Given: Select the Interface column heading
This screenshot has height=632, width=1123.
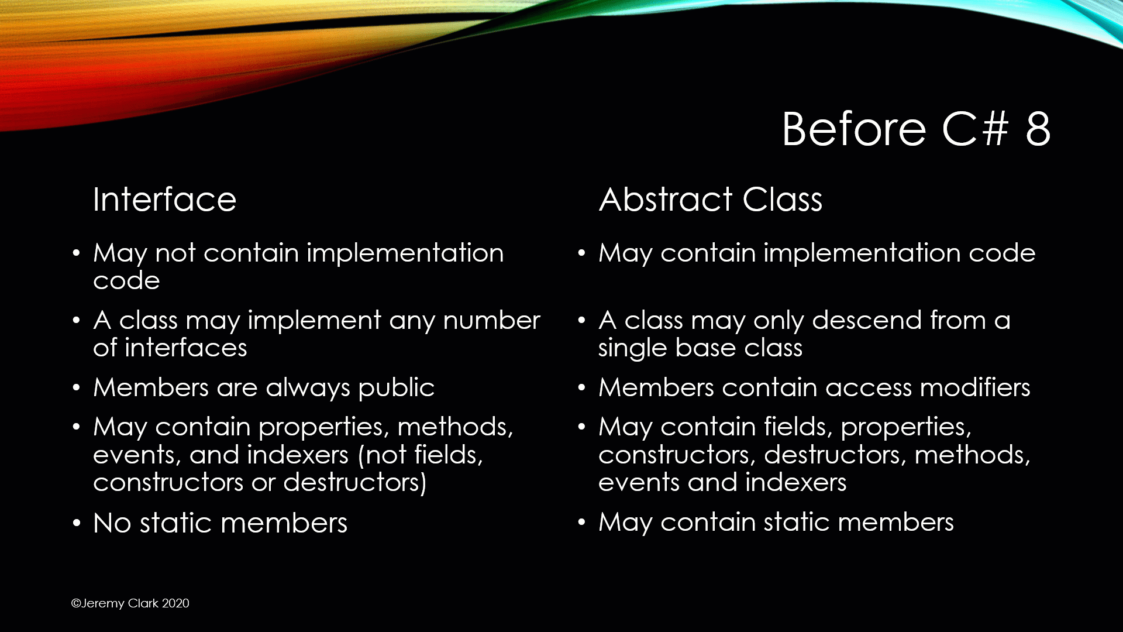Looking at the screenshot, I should [164, 200].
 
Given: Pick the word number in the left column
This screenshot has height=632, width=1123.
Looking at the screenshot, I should [491, 321].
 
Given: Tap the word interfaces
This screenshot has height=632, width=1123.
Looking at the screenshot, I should [185, 348].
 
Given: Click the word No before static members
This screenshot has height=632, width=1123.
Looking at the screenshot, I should [112, 523].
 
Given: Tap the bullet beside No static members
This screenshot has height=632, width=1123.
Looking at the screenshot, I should [76, 523].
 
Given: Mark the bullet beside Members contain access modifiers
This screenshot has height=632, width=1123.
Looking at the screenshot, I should [581, 388].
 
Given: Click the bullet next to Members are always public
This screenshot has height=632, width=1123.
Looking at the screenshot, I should [76, 388].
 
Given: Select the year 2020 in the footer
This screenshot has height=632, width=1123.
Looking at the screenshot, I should [175, 603].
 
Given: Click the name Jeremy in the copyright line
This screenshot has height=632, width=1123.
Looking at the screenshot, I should [103, 604].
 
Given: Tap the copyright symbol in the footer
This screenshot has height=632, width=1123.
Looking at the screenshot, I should [76, 603].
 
